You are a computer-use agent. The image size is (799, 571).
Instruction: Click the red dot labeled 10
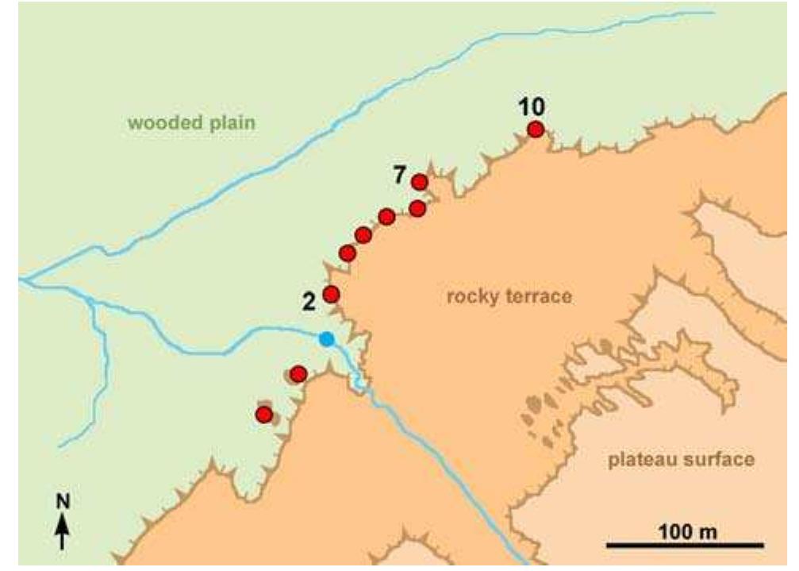point(536,129)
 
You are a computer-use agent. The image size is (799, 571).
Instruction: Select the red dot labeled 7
point(420,183)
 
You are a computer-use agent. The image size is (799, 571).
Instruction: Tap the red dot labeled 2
point(332,294)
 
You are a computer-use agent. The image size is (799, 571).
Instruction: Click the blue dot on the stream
point(326,340)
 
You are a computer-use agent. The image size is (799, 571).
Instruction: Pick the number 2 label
point(310,301)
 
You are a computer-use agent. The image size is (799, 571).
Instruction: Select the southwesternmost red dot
point(264,415)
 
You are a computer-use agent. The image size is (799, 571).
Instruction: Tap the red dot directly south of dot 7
point(417,208)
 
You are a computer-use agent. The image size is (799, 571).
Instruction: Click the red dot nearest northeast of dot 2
point(348,253)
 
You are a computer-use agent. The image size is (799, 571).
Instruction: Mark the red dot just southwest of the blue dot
point(298,373)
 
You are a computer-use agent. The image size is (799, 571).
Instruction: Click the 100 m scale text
point(685,530)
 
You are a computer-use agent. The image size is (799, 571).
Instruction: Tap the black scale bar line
point(685,546)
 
